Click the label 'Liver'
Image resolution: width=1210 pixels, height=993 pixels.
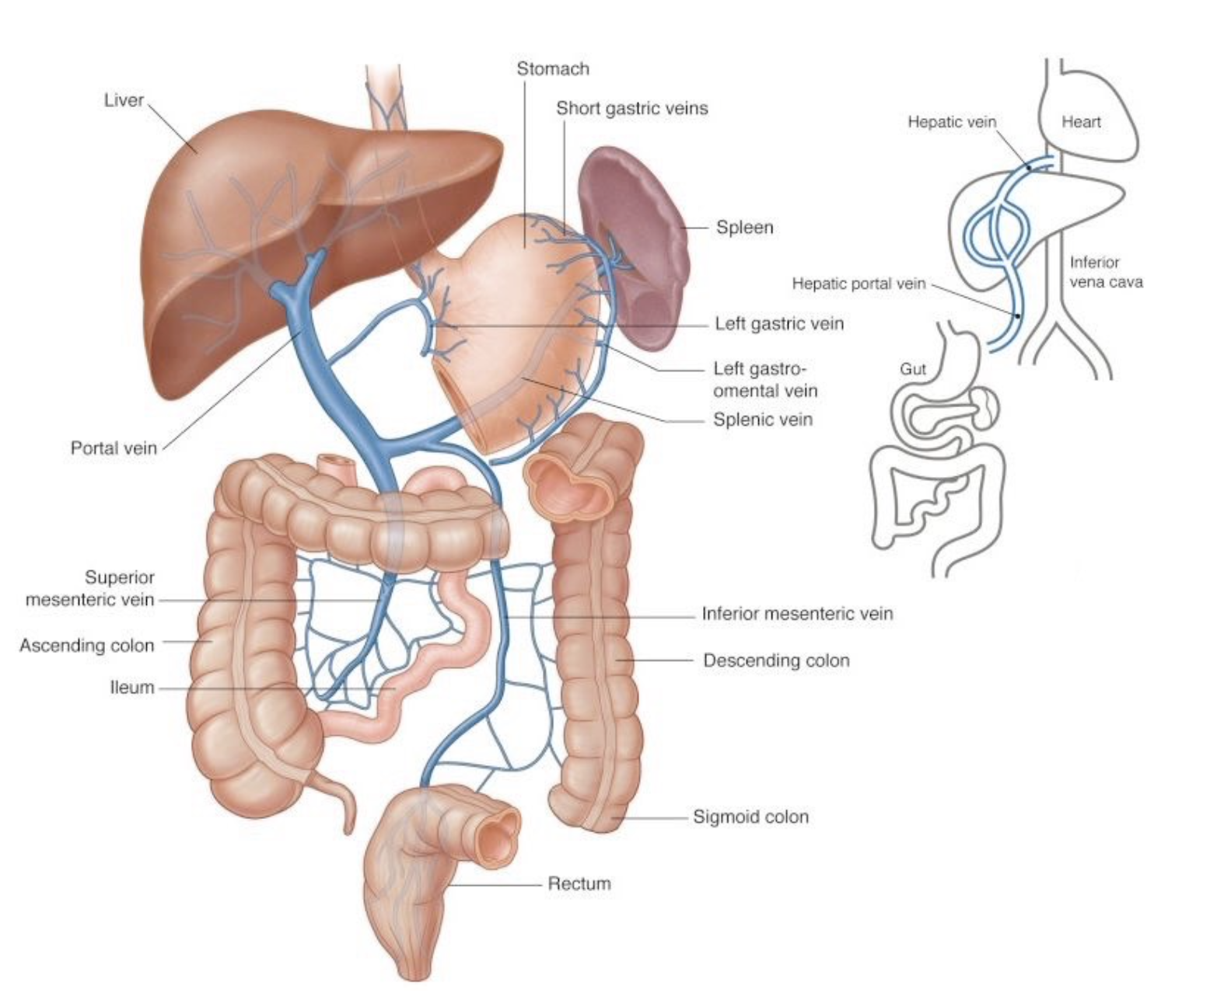click(124, 100)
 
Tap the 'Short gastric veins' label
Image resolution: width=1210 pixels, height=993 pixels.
click(631, 108)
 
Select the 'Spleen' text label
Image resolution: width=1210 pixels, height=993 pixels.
click(745, 228)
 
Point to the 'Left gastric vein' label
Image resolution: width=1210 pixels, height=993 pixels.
click(779, 324)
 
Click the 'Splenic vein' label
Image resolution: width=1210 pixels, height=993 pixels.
click(763, 420)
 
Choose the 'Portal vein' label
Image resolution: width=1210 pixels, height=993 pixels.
click(114, 448)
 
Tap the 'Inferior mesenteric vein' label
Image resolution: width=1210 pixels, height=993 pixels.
click(798, 614)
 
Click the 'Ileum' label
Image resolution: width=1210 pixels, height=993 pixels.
click(132, 687)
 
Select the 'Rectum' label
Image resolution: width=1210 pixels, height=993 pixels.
click(579, 883)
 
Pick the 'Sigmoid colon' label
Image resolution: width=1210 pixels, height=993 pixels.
click(751, 817)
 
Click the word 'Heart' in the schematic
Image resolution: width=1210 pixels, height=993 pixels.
click(1081, 121)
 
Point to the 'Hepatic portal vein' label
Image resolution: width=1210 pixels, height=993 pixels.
click(859, 284)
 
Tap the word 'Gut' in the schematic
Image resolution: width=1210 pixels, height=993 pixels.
click(913, 368)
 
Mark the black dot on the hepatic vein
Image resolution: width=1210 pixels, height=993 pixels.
click(1029, 168)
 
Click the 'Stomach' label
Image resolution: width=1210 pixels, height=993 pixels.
click(553, 69)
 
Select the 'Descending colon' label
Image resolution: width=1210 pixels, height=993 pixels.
click(776, 660)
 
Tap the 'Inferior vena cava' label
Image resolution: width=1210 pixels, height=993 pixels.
click(1106, 272)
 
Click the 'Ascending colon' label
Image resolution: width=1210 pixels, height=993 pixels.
click(87, 646)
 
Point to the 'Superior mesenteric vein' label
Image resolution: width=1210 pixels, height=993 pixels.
click(90, 588)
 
